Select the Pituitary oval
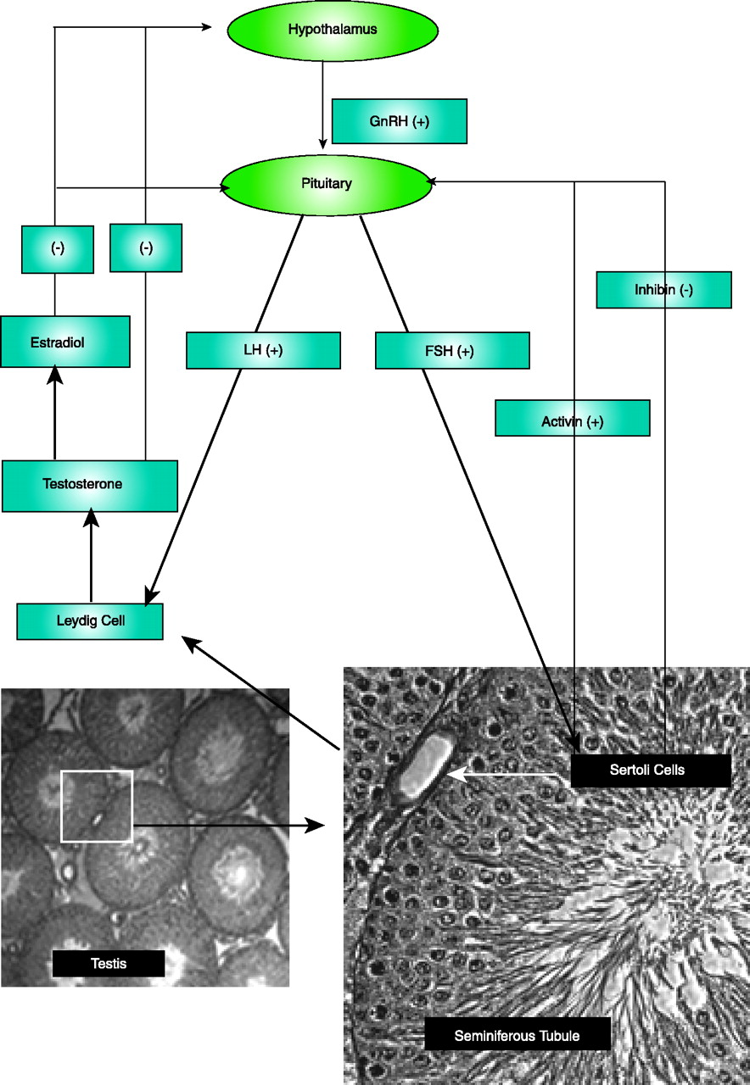click(x=327, y=183)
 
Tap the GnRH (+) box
click(x=400, y=121)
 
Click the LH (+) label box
click(x=263, y=350)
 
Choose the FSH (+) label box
click(x=452, y=350)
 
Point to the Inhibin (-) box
click(x=663, y=290)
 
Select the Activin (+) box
click(x=572, y=419)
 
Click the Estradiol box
click(x=65, y=342)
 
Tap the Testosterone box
click(x=90, y=486)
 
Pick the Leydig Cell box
click(x=90, y=621)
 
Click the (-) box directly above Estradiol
click(x=58, y=248)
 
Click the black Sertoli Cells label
click(x=651, y=771)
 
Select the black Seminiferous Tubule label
click(x=518, y=1035)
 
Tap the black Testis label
click(x=108, y=963)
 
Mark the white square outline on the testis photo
click(x=97, y=805)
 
